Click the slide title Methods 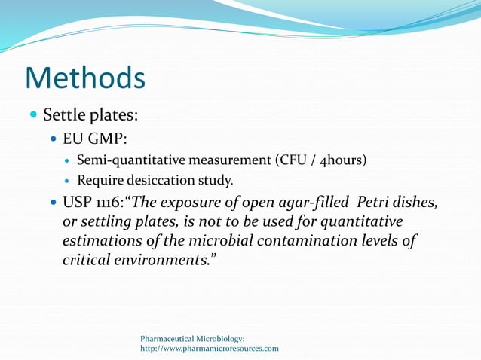(x=84, y=78)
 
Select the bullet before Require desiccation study (x=68, y=181)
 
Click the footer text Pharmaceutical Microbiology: (x=192, y=340)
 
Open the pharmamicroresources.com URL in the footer (x=210, y=349)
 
